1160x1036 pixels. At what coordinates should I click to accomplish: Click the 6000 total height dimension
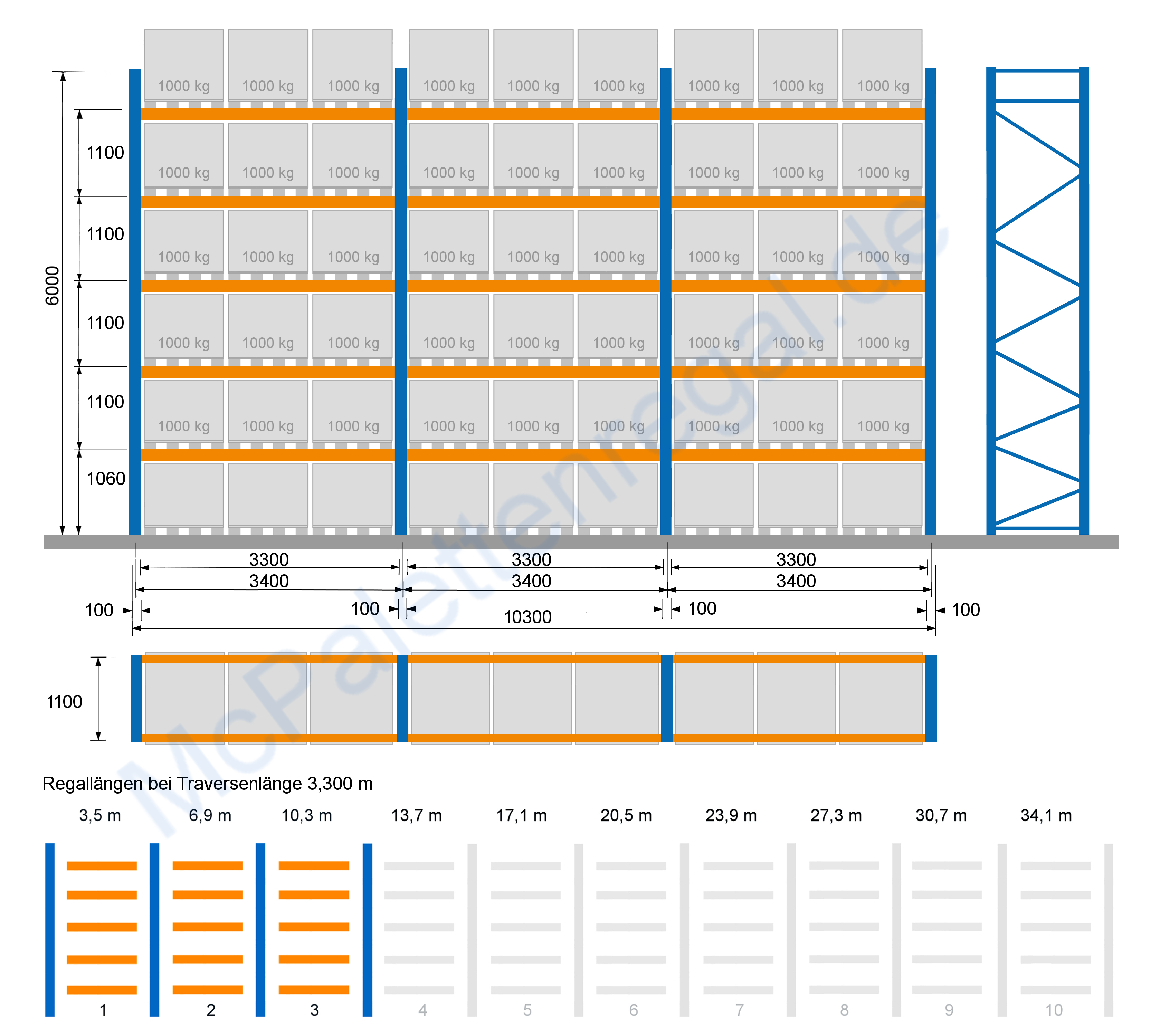[x=52, y=286]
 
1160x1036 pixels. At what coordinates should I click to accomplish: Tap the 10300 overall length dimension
[x=528, y=617]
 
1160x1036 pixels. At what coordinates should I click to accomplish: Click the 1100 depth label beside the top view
[x=64, y=702]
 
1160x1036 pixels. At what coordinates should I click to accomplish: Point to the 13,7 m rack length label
[x=416, y=816]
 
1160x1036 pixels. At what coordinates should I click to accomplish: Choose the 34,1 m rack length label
[x=1046, y=816]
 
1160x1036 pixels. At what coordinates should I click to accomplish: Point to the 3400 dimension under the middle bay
[x=531, y=581]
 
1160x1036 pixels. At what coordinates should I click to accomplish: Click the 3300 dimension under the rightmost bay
[x=796, y=559]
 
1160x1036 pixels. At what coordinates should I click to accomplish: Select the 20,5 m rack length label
[x=626, y=816]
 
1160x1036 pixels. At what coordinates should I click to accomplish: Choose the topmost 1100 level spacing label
[x=105, y=153]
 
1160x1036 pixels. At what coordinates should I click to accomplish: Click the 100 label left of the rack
[x=99, y=610]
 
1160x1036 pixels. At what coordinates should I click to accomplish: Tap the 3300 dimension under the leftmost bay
[x=269, y=559]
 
